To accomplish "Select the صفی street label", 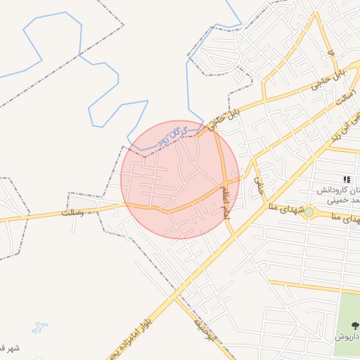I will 258,184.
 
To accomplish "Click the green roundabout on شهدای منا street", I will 309,212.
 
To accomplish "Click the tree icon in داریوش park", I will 352,325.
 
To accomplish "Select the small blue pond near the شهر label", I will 39,328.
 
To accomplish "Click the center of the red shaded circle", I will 181,179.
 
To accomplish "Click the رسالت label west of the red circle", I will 72,211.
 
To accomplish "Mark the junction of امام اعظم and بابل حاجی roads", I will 215,129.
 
